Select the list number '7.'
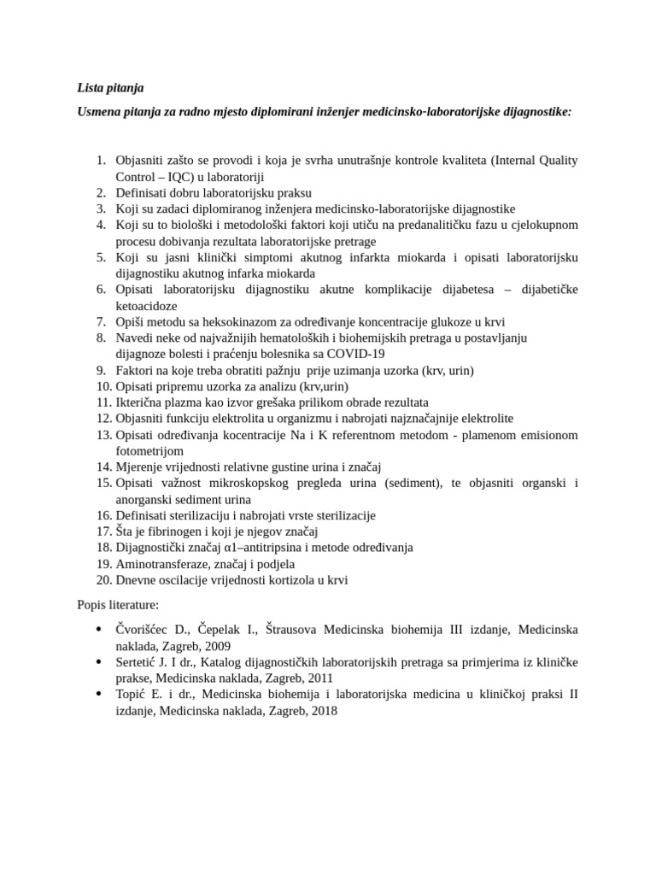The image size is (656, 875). click(101, 321)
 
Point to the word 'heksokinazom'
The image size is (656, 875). click(227, 321)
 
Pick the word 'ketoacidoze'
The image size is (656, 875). click(147, 305)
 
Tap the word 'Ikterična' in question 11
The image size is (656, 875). click(143, 402)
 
